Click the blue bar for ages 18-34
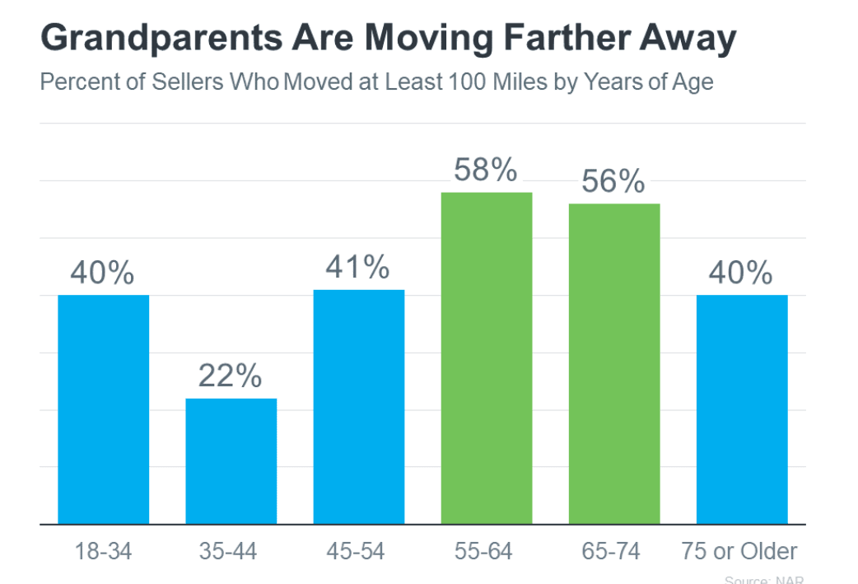pos(103,409)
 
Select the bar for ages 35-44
pos(231,460)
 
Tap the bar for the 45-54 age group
pos(359,406)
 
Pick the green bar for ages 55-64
pos(487,357)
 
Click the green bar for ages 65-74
pos(614,363)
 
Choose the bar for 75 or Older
pos(742,409)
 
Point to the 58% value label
pos(486,171)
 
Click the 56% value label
pos(613,182)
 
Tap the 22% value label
pos(230,376)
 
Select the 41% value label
pos(357,267)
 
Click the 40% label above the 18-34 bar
pos(102,273)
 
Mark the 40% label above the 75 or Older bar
pos(741,273)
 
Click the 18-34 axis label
pos(102,551)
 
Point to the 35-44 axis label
pos(230,551)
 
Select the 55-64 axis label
pos(486,551)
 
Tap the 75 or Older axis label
pos(739,551)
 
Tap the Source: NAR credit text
pos(763,580)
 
